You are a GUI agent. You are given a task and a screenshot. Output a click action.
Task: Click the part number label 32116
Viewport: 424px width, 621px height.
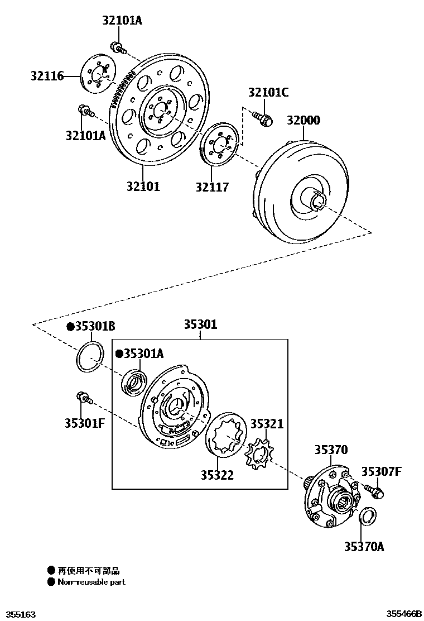tap(47, 76)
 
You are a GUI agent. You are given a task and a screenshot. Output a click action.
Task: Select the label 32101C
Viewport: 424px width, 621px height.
tap(268, 93)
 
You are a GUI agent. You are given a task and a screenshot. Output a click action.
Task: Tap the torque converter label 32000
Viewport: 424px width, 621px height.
tap(303, 121)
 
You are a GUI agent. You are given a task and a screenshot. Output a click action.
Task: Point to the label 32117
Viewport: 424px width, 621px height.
tap(212, 187)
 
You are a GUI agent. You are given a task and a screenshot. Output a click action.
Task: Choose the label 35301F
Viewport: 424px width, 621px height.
tap(84, 423)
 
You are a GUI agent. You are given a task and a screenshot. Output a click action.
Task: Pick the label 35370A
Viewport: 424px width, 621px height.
tap(364, 547)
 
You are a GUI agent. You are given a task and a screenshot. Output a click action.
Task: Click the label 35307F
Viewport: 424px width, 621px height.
tap(381, 472)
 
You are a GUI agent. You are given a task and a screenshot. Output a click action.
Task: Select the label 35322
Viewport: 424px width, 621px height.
tap(218, 475)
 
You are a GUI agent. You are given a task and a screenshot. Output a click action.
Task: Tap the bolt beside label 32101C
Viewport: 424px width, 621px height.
tap(262, 118)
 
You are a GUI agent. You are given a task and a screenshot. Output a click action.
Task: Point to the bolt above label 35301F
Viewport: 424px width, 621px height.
tap(83, 397)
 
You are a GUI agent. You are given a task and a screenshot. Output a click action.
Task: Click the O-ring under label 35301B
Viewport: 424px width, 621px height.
tap(90, 357)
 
